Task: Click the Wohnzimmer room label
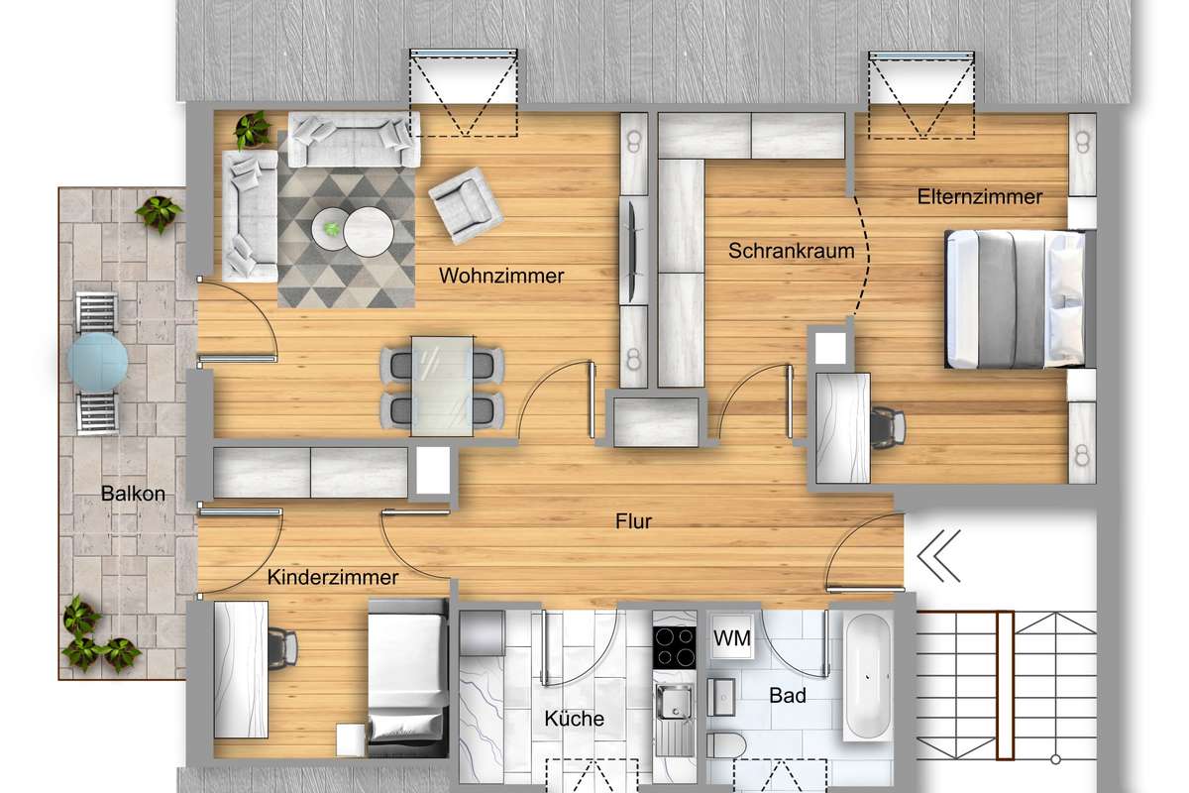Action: pyautogui.click(x=501, y=276)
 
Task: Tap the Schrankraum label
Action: pyautogui.click(x=792, y=251)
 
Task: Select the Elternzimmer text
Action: pyautogui.click(x=980, y=197)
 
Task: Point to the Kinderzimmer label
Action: pyautogui.click(x=333, y=577)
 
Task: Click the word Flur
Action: pyautogui.click(x=633, y=521)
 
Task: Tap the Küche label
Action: pyautogui.click(x=575, y=719)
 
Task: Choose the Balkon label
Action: pyautogui.click(x=133, y=494)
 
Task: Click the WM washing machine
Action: pyautogui.click(x=732, y=636)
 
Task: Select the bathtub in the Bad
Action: pyautogui.click(x=867, y=676)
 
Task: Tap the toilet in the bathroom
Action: pyautogui.click(x=726, y=745)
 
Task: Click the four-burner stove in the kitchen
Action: pyautogui.click(x=674, y=647)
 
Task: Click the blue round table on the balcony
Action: pyautogui.click(x=98, y=362)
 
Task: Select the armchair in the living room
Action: pyautogui.click(x=466, y=205)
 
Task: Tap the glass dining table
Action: pyautogui.click(x=442, y=387)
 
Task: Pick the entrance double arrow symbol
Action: pyautogui.click(x=938, y=555)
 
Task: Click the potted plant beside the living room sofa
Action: pyautogui.click(x=253, y=129)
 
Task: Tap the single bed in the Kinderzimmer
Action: pyautogui.click(x=407, y=678)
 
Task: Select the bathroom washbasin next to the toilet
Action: pyautogui.click(x=721, y=696)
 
